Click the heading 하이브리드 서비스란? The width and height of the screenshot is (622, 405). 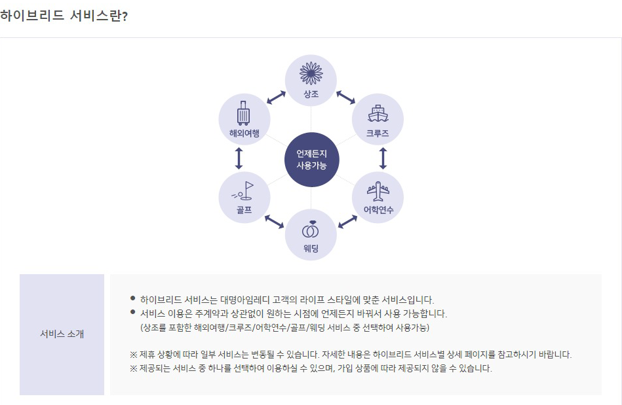tap(64, 16)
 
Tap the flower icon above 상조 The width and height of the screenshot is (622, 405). tap(311, 71)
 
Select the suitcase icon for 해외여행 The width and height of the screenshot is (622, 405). tap(244, 113)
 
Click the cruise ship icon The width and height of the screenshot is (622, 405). tap(378, 113)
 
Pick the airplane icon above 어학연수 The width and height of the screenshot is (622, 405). tap(378, 192)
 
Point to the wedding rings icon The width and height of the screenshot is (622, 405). tap(311, 230)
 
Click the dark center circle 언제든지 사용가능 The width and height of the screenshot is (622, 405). tap(311, 159)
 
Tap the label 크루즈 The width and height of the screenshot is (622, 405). tap(378, 133)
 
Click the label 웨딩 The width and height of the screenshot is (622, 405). tap(311, 249)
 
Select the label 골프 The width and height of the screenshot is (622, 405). tap(244, 210)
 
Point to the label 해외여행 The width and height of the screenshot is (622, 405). tap(244, 133)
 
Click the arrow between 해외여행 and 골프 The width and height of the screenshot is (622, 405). tap(239, 158)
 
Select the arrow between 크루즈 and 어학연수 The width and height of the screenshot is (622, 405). tap(383, 158)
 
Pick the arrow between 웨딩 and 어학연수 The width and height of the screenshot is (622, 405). tap(347, 221)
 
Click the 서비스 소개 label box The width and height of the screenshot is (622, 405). tap(62, 334)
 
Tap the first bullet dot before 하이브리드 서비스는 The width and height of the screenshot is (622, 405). tap(133, 298)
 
